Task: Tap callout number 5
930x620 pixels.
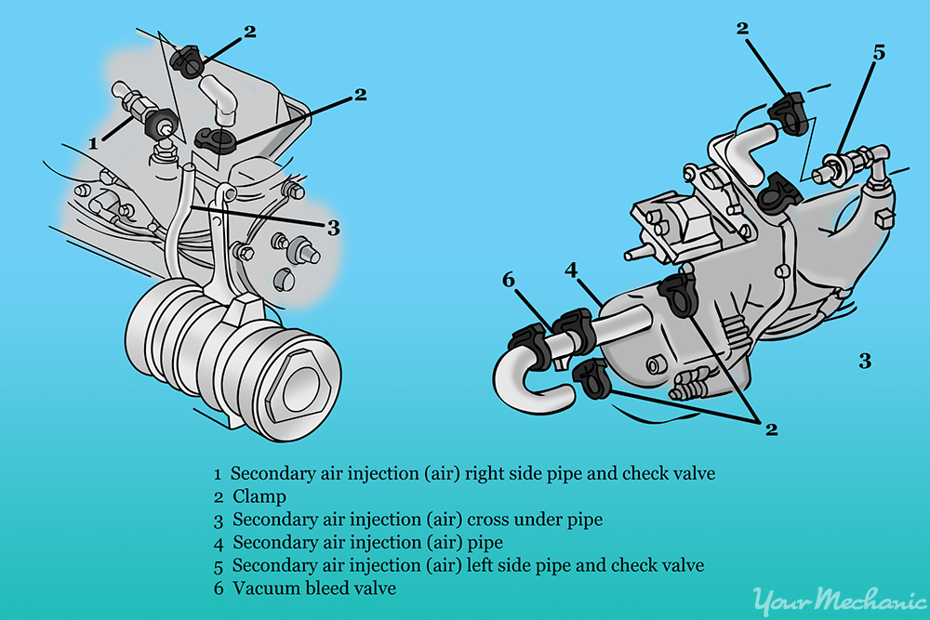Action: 879,53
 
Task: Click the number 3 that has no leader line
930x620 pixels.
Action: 865,361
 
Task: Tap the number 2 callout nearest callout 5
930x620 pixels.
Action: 742,29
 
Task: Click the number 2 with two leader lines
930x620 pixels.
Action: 770,429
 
